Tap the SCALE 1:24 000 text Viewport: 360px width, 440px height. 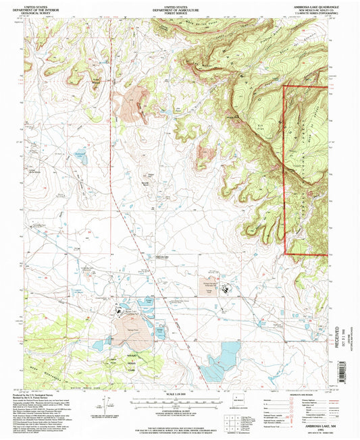(178, 393)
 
